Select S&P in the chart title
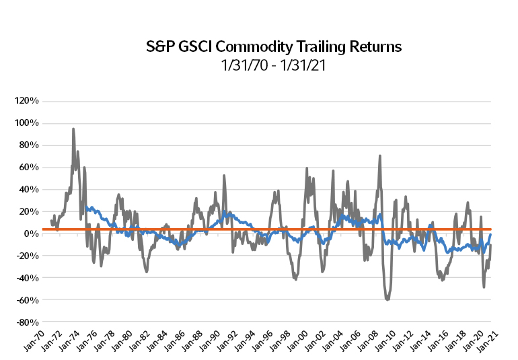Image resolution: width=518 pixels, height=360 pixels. pyautogui.click(x=159, y=47)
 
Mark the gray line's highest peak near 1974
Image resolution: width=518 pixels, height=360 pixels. pyautogui.click(x=73, y=129)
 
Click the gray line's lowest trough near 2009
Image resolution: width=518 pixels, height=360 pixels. pyautogui.click(x=387, y=299)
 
